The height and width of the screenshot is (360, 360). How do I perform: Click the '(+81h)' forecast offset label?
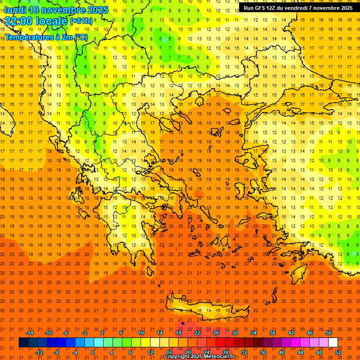81,21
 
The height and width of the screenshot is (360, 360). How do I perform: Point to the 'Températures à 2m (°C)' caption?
46,37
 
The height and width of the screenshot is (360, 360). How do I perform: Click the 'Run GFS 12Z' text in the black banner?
259,8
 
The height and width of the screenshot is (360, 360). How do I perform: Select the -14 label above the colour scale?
30,333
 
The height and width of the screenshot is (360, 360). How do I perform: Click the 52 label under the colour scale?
338,352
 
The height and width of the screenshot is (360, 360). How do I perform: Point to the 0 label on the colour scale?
93,352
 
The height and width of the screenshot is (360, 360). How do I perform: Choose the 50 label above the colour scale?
329,333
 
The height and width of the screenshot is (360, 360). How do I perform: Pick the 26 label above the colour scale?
216,333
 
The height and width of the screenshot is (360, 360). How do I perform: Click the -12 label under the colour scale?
39,352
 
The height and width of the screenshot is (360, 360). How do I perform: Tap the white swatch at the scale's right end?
333,343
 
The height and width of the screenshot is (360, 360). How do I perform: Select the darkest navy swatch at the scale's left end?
23,343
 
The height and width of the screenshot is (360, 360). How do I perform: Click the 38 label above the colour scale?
272,333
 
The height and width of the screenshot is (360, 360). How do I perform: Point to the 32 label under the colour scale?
244,352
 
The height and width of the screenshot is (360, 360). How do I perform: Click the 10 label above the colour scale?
141,333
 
